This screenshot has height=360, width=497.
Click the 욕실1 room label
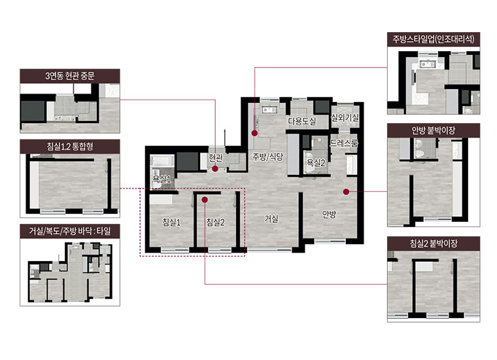[162, 179]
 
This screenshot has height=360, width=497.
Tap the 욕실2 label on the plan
[316, 163]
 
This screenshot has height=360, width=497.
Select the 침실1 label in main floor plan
[171, 222]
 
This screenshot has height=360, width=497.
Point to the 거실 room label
[271, 219]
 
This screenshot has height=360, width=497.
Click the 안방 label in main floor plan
[329, 215]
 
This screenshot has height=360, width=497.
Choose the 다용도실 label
[301, 121]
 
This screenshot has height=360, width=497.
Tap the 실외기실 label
[345, 118]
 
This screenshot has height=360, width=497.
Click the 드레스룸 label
[344, 143]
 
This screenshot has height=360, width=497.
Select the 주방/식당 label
[267, 156]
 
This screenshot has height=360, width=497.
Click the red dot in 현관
[215, 169]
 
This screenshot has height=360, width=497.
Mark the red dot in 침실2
[205, 200]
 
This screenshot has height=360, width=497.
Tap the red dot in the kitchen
[255, 134]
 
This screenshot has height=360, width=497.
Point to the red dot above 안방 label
[346, 192]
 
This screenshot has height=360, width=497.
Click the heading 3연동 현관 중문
[70, 76]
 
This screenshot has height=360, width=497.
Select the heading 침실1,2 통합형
[70, 147]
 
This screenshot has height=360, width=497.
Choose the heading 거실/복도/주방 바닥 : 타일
[70, 231]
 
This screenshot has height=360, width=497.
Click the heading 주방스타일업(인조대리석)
[434, 39]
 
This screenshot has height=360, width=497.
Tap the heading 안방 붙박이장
[434, 130]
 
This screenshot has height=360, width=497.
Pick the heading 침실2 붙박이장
[434, 243]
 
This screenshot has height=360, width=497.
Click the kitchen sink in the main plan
[269, 110]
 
